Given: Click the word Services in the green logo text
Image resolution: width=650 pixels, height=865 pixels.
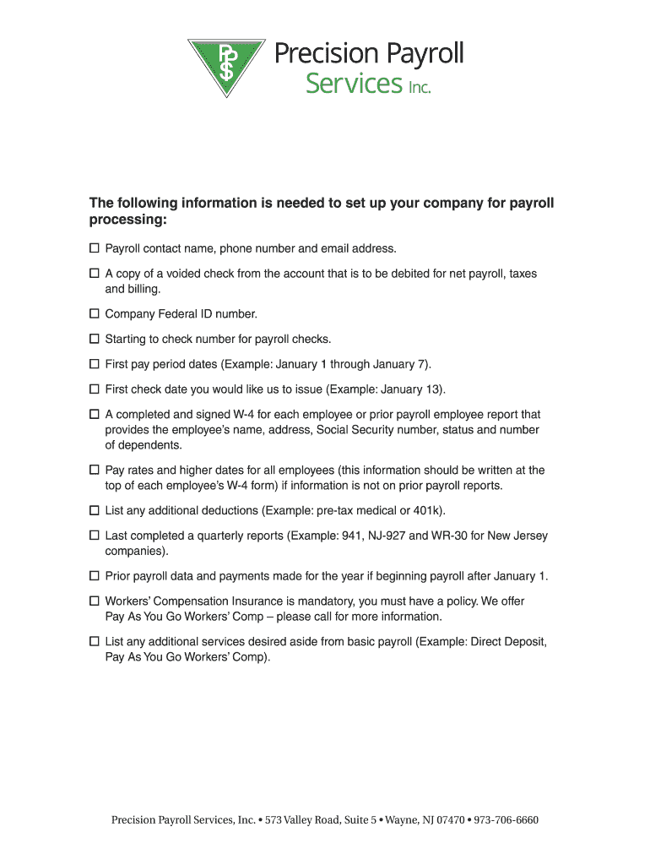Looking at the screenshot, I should tap(354, 84).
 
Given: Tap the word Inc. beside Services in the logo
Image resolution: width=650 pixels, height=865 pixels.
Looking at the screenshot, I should tap(420, 88).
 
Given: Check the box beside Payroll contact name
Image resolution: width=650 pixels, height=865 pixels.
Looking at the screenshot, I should tap(95, 249).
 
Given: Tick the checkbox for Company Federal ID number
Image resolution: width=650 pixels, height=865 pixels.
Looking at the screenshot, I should tap(95, 314).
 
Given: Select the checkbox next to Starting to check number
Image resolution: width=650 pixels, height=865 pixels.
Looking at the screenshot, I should tap(95, 340).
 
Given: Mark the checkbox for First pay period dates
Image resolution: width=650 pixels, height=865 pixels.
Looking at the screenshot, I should tap(95, 365).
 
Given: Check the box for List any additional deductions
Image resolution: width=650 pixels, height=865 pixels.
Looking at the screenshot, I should tap(95, 511).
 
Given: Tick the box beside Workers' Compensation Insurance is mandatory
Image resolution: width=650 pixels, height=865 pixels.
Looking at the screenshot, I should tap(95, 601).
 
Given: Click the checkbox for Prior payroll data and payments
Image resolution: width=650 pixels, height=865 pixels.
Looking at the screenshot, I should tap(95, 576).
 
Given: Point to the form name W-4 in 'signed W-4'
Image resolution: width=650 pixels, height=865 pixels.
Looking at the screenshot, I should tap(252, 415).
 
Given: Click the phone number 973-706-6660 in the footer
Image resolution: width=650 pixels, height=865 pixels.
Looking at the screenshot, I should tap(506, 820).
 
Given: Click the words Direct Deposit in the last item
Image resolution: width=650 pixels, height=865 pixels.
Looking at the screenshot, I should tap(506, 642).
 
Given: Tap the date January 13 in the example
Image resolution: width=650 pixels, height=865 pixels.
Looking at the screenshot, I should tap(409, 389).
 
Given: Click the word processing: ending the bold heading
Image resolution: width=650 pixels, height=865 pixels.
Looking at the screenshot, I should tap(128, 220).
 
